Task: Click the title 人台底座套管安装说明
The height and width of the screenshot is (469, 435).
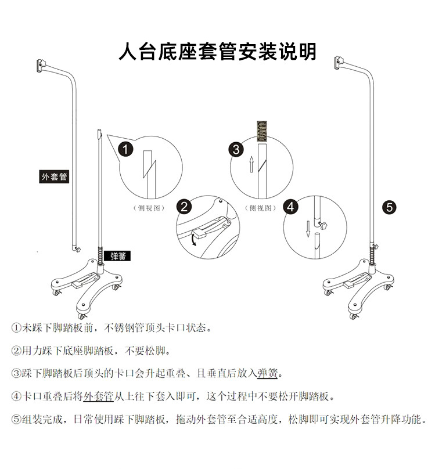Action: coord(217,52)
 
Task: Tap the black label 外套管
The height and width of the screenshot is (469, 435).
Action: coord(54,177)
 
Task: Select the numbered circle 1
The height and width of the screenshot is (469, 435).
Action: coord(125,149)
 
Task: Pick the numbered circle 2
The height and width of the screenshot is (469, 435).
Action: coord(184,207)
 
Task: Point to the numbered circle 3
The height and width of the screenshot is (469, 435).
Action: coord(236,149)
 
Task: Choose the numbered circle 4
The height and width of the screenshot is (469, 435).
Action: coord(290,207)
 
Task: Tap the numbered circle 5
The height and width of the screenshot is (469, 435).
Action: coord(389,207)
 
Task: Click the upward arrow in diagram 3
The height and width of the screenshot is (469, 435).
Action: coord(251,164)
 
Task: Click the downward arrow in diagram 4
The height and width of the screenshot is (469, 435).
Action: coord(308,229)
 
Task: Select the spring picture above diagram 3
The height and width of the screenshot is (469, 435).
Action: coord(262,131)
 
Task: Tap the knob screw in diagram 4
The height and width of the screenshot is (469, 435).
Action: coord(322,225)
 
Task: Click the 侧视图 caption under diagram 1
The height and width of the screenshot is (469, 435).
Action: coord(149,208)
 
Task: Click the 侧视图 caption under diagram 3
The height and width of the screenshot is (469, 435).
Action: coord(260,208)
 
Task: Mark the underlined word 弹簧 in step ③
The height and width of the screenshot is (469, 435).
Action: coord(268,373)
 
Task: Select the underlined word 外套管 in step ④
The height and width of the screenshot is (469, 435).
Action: coord(98,396)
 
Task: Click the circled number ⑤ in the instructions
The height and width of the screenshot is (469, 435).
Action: coord(16,419)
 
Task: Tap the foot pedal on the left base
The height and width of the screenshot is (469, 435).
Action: coord(85,281)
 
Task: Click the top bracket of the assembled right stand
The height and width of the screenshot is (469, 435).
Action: coord(340,63)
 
